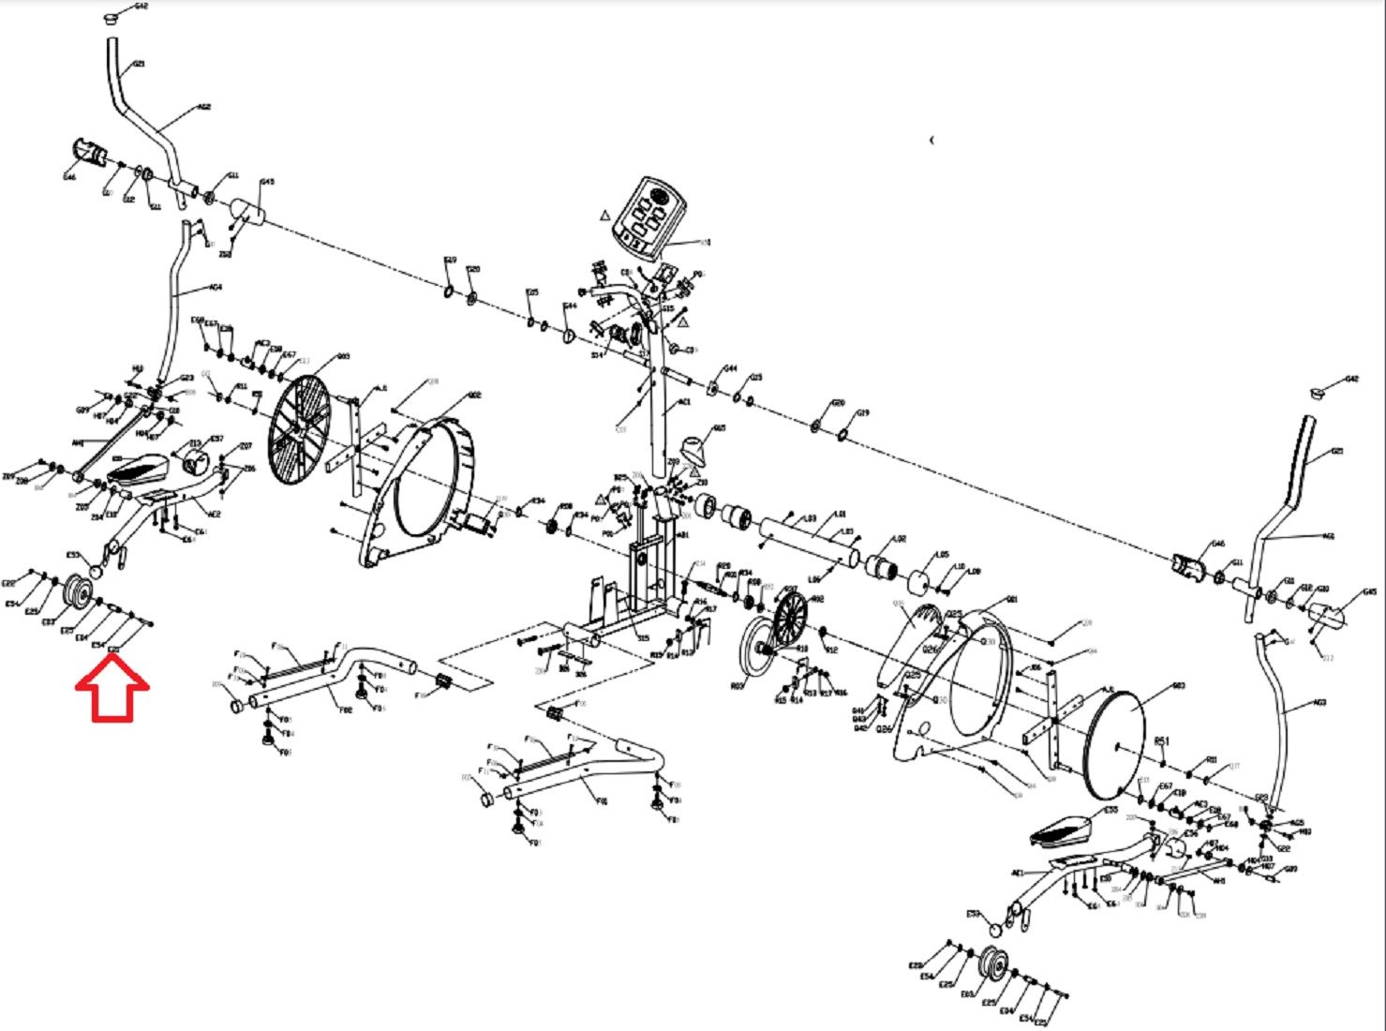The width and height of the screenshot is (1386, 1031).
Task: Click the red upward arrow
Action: [x=112, y=689]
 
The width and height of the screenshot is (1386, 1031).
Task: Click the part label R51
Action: [x=1162, y=740]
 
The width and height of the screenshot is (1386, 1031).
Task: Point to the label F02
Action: [x=345, y=710]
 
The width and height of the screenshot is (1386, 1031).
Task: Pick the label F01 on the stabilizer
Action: [x=602, y=801]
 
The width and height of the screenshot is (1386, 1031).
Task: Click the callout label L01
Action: [x=841, y=515]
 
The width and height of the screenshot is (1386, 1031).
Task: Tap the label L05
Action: [x=943, y=554]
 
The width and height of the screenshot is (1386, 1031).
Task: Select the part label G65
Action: [x=719, y=428]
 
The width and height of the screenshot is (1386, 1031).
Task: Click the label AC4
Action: [x=216, y=288]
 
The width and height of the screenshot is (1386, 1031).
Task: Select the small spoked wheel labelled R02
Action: [x=790, y=618]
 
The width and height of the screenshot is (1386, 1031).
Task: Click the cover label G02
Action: [x=474, y=396]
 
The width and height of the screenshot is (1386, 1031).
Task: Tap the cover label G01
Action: [x=1011, y=600]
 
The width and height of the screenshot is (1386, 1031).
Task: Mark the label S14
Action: [x=597, y=355]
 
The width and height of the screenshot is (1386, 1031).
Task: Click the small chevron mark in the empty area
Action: [x=931, y=141]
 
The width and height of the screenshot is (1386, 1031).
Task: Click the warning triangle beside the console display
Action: [x=605, y=216]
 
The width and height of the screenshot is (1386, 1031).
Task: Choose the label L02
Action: [x=900, y=539]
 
